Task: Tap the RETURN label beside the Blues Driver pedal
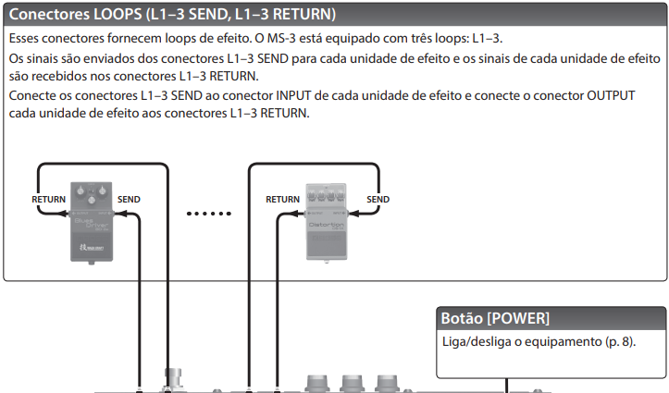pyautogui.click(x=48, y=199)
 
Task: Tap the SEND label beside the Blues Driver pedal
pyautogui.click(x=130, y=199)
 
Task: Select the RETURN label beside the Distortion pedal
pyautogui.click(x=282, y=199)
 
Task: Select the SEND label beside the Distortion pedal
pyautogui.click(x=378, y=199)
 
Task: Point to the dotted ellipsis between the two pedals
pyautogui.click(x=207, y=214)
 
